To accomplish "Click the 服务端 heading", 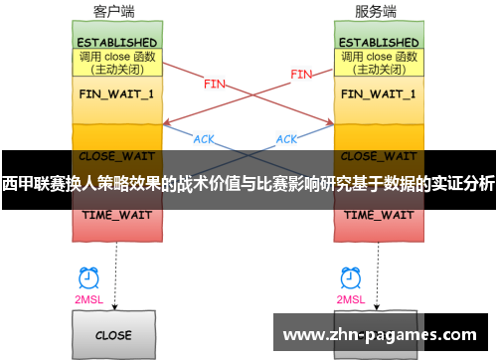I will tap(375, 12).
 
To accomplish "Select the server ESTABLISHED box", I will tap(378, 43).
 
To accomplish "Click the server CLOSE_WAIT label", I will tap(378, 156).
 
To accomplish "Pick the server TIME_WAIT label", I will tap(378, 215).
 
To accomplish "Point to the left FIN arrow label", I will tap(214, 85).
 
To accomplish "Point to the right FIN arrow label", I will tap(301, 74).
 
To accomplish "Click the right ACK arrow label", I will tap(286, 139).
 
